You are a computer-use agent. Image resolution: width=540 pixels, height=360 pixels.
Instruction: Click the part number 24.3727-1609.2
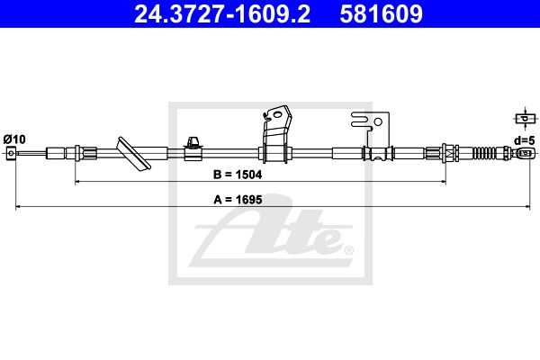(222, 13)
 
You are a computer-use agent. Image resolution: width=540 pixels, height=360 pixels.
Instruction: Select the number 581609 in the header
(381, 13)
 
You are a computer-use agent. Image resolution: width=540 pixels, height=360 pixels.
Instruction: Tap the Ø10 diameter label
(14, 139)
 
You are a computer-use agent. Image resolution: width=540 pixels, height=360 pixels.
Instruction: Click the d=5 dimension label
(525, 140)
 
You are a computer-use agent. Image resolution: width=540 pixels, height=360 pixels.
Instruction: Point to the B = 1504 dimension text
(238, 175)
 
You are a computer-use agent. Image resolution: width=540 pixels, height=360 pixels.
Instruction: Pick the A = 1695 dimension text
(238, 200)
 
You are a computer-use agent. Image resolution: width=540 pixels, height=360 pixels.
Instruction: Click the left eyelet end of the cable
(11, 153)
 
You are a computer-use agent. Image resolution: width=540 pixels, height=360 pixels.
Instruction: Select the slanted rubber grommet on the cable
(134, 154)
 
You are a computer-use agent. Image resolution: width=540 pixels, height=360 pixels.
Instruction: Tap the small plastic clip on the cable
(193, 148)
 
